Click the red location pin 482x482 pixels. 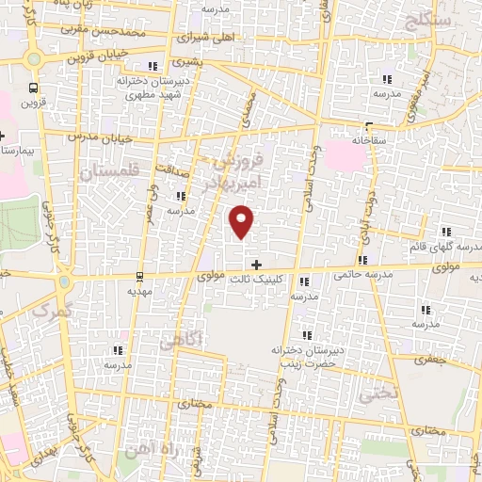(x=243, y=222)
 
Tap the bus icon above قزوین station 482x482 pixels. (x=35, y=84)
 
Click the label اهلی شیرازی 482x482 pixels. (x=208, y=39)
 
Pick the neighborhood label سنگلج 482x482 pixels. (x=428, y=18)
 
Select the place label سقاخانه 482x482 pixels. (x=370, y=138)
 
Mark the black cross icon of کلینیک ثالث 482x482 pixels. (x=256, y=265)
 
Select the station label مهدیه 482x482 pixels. (x=139, y=291)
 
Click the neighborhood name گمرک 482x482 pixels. (x=50, y=309)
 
